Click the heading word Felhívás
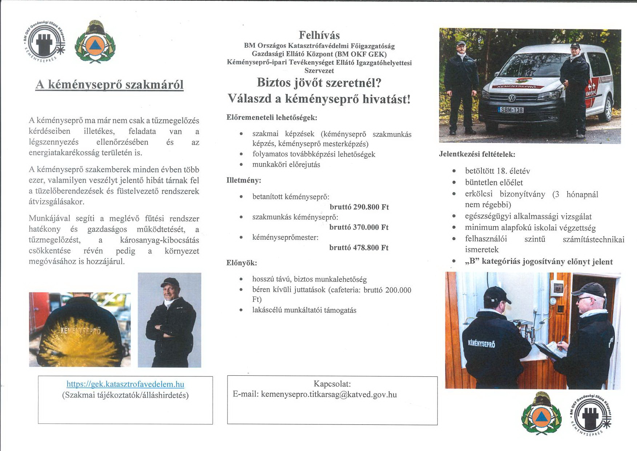(x=319, y=35)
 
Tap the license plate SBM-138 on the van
(x=511, y=110)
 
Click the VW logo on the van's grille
(x=511, y=98)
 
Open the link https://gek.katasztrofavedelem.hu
(x=125, y=384)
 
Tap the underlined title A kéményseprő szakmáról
(x=109, y=84)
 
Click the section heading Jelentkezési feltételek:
(x=477, y=154)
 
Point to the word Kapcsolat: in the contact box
(x=332, y=384)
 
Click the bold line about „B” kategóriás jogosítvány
(x=539, y=262)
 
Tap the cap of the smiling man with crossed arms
(x=169, y=282)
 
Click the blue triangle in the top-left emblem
(x=95, y=45)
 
